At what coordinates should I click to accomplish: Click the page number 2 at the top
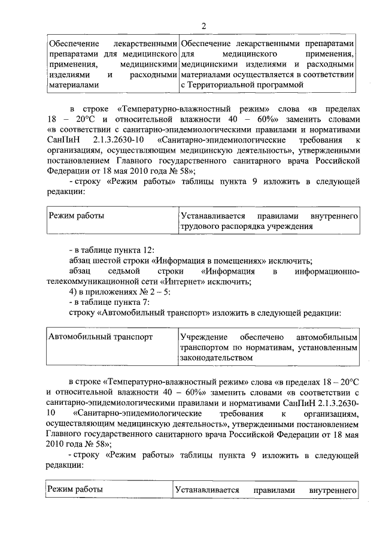(203, 25)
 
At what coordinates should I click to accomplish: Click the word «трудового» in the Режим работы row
(198, 226)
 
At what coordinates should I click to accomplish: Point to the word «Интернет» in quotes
(205, 283)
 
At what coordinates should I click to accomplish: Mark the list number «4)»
(74, 293)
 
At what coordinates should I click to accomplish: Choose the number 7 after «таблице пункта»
(147, 304)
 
